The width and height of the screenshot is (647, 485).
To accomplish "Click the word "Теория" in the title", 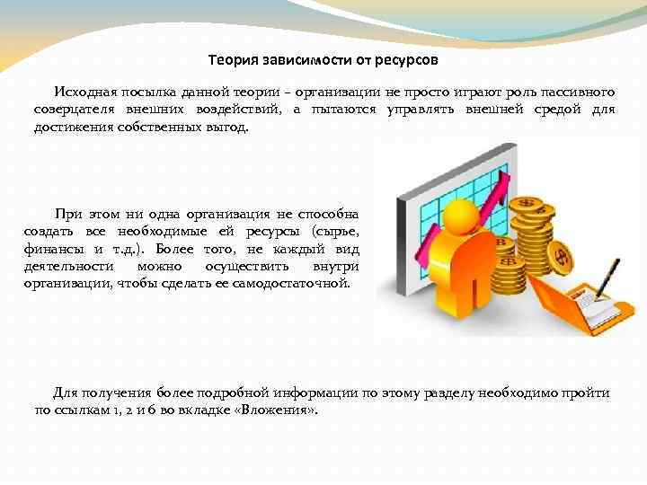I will (231, 61).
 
